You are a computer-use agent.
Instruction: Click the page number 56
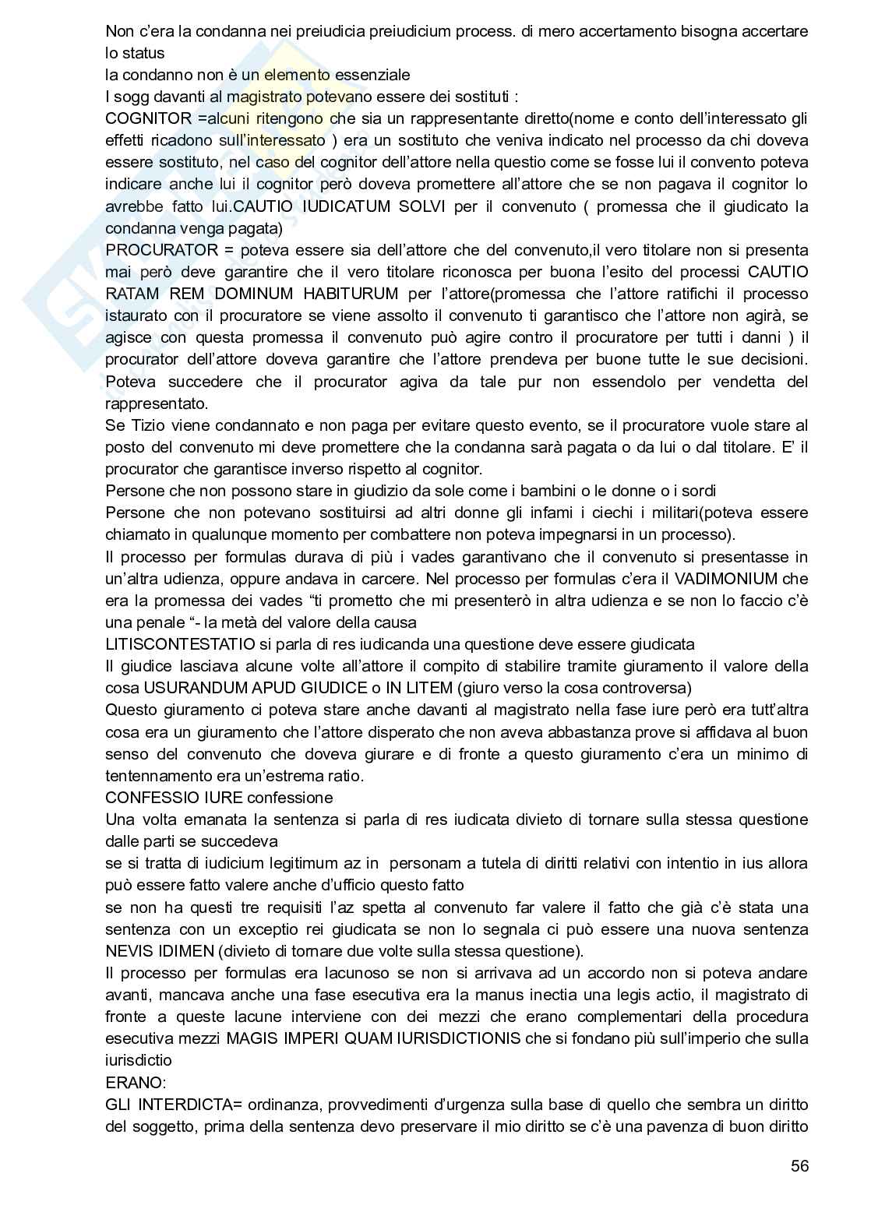[799, 1165]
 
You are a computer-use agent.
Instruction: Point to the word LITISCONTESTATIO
[180, 644]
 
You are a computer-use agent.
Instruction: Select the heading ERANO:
[131, 1082]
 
